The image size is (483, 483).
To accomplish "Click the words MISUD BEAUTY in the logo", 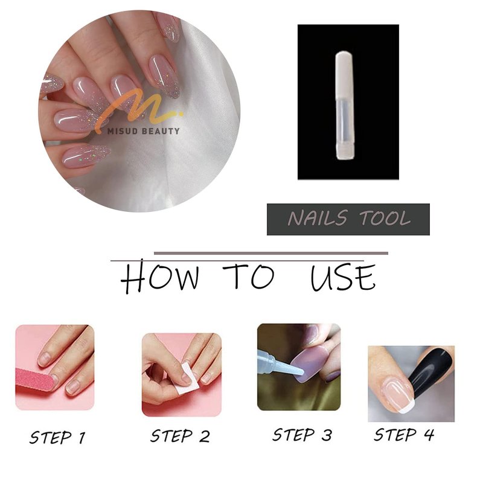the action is (x=143, y=131).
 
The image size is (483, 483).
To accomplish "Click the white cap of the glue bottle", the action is (x=344, y=77).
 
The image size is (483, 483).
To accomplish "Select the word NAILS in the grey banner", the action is (x=318, y=218).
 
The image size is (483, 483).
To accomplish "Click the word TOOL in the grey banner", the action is (x=385, y=219).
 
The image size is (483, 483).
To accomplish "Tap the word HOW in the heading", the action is (x=159, y=277).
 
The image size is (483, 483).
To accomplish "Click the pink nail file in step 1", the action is (x=34, y=379).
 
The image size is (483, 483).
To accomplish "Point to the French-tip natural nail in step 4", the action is (x=397, y=397).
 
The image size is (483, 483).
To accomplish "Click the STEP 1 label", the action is (x=57, y=437).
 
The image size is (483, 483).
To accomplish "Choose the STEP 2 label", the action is (x=180, y=436).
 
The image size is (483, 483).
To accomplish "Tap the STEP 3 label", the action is (x=302, y=435).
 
